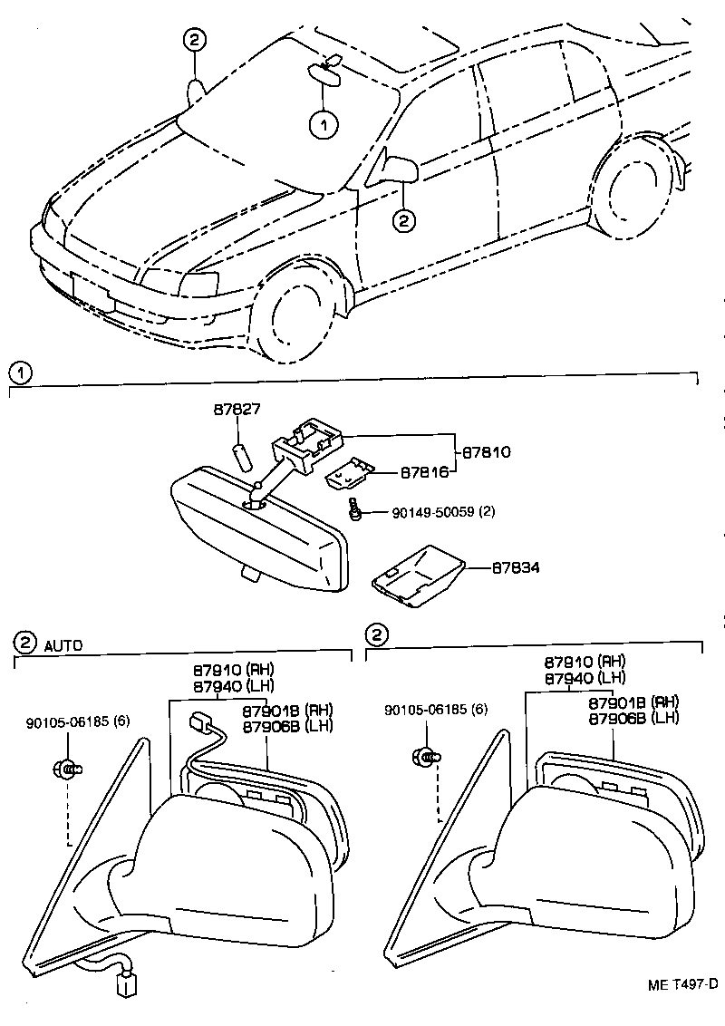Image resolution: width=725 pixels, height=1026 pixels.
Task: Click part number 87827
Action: [237, 410]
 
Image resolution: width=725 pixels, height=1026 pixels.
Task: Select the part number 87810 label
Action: [487, 450]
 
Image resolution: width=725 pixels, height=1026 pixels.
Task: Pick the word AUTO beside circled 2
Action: [63, 646]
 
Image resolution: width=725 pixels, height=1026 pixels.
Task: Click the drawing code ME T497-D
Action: [682, 984]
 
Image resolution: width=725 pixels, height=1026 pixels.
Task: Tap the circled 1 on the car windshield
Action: [324, 125]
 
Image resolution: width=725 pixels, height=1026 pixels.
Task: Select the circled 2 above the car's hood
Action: [195, 39]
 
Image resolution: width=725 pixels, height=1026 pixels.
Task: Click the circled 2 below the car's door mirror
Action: [404, 218]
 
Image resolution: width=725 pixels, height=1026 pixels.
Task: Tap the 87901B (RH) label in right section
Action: [633, 702]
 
